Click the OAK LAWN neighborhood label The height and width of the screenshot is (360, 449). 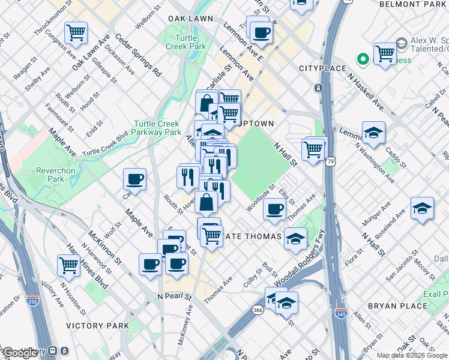(191, 19)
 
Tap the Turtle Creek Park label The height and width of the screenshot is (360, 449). (185, 42)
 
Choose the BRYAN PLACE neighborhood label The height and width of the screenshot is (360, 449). (397, 306)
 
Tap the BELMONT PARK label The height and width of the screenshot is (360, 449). (414, 4)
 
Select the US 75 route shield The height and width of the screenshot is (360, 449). (331, 161)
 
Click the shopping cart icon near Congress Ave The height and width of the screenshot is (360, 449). (76, 32)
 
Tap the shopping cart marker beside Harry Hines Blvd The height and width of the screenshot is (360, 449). (69, 265)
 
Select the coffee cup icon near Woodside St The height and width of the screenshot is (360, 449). (275, 209)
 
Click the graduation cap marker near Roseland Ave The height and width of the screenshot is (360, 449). (423, 207)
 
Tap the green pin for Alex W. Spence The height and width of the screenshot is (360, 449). (363, 59)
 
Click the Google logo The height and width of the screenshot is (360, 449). (20, 353)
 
